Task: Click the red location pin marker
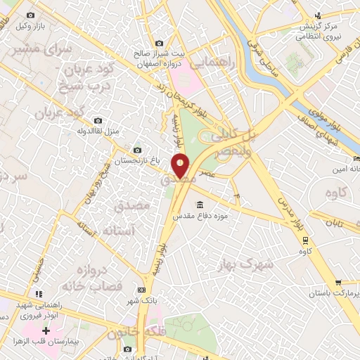point(181,166)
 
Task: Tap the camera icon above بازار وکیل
point(30,15)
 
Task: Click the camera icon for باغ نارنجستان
point(136,150)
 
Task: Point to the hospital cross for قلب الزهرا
point(46,330)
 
